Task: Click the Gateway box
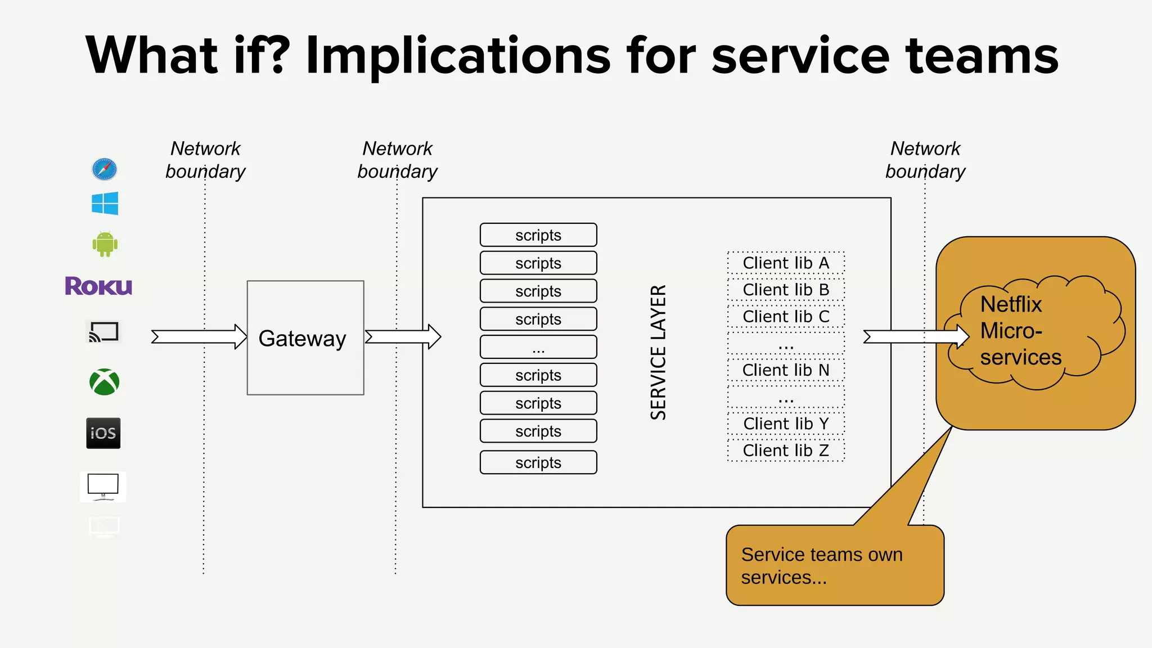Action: (305, 337)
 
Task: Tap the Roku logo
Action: (98, 286)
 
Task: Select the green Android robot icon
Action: (105, 244)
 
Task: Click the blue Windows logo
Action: (105, 203)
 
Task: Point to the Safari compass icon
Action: (105, 169)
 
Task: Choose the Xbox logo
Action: (105, 382)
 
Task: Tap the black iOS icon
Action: (103, 433)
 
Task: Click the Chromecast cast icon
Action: (103, 332)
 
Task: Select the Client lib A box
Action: (786, 263)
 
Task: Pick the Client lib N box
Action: (786, 370)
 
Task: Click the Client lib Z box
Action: (786, 451)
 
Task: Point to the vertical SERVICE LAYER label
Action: (658, 352)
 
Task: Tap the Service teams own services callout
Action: (835, 565)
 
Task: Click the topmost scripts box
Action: (538, 235)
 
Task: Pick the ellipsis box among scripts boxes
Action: (538, 347)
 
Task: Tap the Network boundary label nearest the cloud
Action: (925, 160)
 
